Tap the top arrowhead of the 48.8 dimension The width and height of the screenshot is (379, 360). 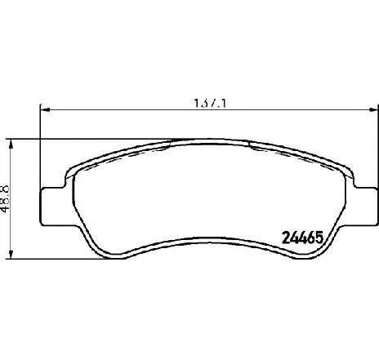coord(11,144)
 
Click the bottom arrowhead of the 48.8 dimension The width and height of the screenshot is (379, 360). coord(11,256)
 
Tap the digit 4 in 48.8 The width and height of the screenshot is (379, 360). coord(6,210)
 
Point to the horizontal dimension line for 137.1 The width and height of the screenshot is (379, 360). coord(123,111)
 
